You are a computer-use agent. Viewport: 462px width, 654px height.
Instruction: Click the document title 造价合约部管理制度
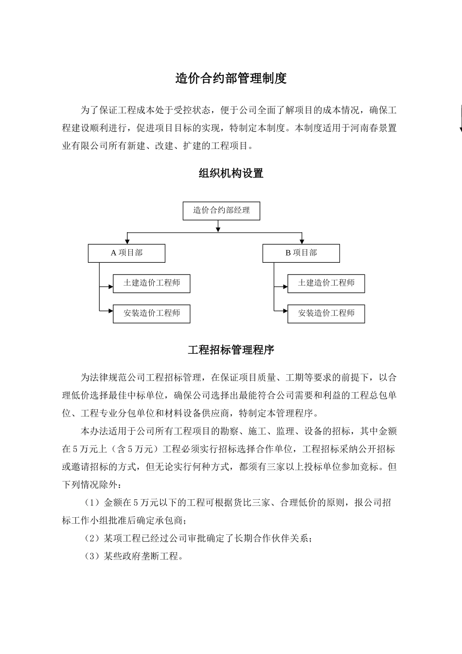point(231,78)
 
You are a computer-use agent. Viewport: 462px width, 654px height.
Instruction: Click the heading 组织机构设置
point(231,173)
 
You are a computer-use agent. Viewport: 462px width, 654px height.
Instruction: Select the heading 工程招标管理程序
point(231,349)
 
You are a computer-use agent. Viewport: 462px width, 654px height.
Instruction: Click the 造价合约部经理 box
point(221,211)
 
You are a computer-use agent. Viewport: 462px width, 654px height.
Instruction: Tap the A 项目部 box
point(126,253)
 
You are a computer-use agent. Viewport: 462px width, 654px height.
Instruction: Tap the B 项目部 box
point(301,253)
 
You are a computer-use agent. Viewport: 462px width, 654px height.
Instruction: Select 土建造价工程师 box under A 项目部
point(151,283)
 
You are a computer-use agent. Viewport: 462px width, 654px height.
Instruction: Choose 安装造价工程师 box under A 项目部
point(151,313)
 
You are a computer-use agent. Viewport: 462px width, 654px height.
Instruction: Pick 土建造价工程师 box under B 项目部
point(326,283)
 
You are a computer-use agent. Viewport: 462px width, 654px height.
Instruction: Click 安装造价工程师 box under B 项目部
point(326,313)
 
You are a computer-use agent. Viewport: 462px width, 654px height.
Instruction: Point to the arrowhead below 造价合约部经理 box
point(218,227)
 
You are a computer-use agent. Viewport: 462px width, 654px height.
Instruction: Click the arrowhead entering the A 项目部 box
point(127,240)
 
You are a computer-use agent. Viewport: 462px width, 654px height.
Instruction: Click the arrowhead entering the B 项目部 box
point(302,240)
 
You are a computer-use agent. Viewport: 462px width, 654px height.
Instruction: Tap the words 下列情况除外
point(85,485)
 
